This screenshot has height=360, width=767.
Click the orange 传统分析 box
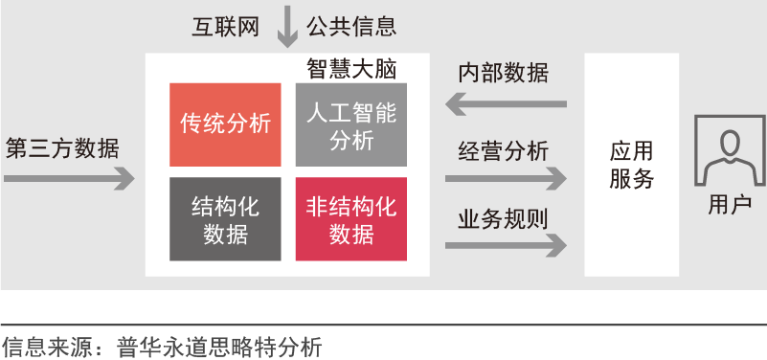click(x=225, y=124)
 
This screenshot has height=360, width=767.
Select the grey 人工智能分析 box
click(x=351, y=124)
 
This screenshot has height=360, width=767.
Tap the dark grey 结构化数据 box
click(x=225, y=218)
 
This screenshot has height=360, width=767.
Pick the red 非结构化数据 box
click(x=351, y=218)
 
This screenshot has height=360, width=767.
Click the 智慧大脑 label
click(x=351, y=70)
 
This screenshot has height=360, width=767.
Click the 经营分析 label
click(x=503, y=150)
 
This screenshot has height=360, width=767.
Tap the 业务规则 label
click(x=503, y=216)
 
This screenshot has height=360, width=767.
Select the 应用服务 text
click(x=631, y=165)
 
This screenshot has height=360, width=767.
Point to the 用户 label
click(x=730, y=205)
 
